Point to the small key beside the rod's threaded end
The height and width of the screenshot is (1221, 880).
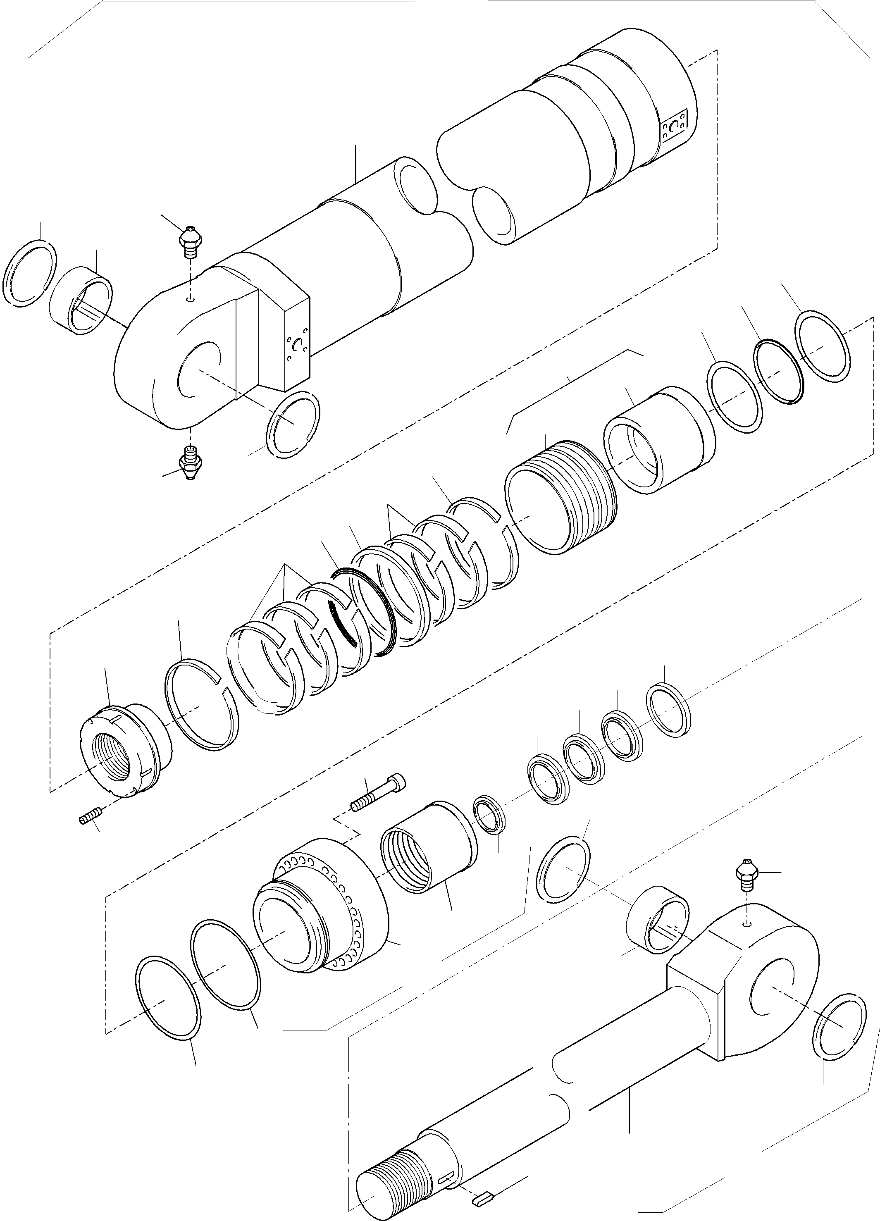[483, 1198]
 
